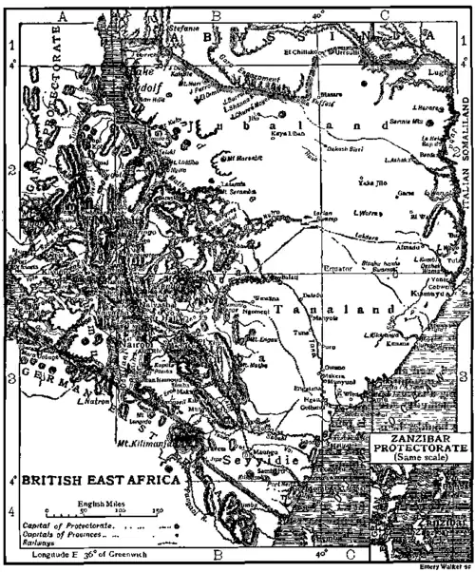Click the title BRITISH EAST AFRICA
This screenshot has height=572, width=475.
91,481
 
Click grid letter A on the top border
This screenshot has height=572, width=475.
65,15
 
